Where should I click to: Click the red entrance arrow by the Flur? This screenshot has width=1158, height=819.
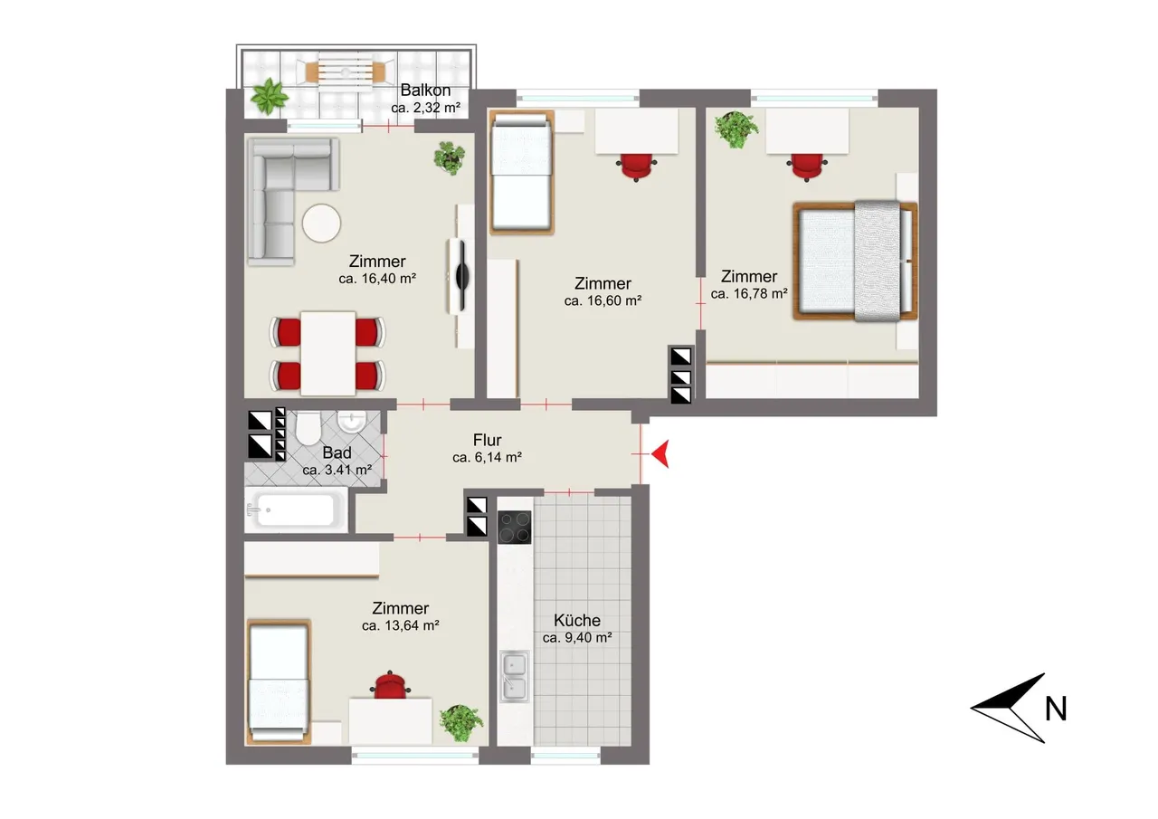(660, 454)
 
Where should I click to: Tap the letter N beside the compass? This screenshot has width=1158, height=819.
(1056, 709)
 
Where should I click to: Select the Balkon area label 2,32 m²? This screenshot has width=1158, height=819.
(425, 108)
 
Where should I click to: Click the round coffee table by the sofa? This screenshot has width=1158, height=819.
(321, 224)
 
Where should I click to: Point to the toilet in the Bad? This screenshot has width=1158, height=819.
(308, 428)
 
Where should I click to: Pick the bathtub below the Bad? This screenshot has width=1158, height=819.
(296, 510)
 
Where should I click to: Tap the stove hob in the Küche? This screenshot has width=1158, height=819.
(515, 528)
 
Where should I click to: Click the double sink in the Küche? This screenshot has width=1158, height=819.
(515, 676)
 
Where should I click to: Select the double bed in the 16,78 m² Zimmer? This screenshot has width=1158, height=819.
(856, 261)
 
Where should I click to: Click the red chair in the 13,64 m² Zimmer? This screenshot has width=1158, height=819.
(390, 685)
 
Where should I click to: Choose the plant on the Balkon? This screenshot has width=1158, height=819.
(269, 96)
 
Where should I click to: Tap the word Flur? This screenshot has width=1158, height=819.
(487, 440)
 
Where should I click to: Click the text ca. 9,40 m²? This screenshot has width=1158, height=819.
(577, 637)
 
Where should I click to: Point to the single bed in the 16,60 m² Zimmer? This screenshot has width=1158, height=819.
(522, 172)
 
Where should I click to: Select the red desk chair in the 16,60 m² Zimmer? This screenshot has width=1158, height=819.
(636, 167)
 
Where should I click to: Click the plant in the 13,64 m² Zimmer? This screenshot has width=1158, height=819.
(461, 722)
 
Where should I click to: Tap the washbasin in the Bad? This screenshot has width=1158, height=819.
(352, 422)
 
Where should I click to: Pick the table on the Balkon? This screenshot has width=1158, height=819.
(346, 72)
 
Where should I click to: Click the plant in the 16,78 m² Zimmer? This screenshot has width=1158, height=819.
(736, 129)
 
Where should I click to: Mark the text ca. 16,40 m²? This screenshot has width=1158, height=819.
(377, 279)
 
